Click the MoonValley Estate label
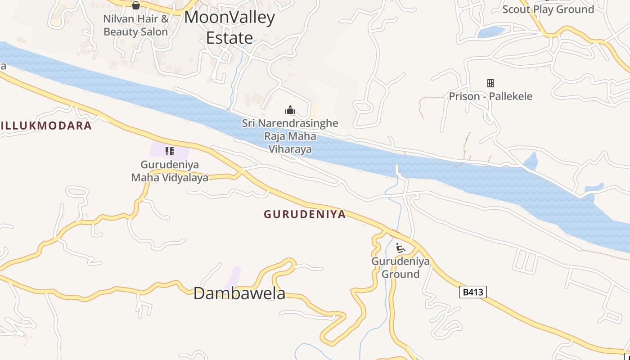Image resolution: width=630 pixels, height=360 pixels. click(229, 27)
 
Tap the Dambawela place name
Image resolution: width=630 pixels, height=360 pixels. click(239, 293)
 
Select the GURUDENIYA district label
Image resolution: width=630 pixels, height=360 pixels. click(305, 214)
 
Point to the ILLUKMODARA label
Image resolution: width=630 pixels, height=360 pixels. click(46, 126)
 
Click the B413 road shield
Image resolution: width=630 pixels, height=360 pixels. click(473, 292)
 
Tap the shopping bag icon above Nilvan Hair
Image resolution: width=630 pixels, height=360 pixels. click(136, 5)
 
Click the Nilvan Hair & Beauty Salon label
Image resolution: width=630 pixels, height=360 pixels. click(135, 25)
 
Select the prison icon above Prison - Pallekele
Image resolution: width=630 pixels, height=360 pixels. click(490, 83)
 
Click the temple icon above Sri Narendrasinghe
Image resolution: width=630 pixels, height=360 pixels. click(290, 110)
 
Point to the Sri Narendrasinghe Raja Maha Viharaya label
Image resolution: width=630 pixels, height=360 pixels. click(290, 136)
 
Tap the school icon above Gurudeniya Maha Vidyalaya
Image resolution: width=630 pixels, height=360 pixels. click(169, 151)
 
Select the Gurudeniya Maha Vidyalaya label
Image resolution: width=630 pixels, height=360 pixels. click(170, 171)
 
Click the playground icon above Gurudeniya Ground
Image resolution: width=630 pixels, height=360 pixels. click(400, 248)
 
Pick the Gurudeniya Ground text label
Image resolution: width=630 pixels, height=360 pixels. click(400, 268)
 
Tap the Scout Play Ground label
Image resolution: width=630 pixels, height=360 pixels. click(548, 9)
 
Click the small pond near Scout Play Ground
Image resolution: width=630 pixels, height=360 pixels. click(491, 32)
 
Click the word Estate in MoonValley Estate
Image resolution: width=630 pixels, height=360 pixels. click(229, 38)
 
